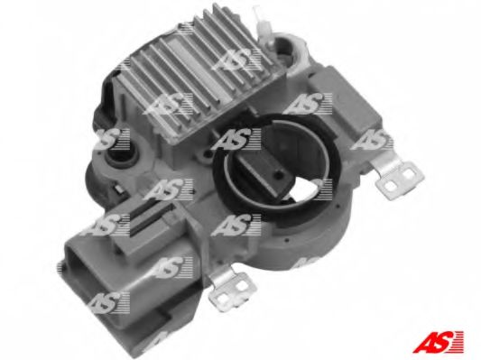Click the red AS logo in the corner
[438, 341]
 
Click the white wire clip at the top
[262, 25]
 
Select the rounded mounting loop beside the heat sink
[290, 53]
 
